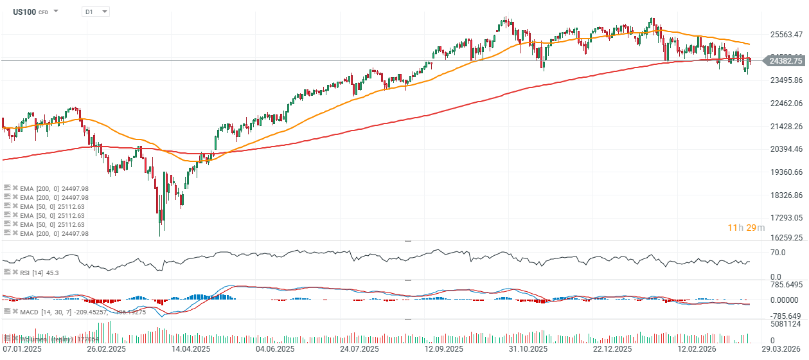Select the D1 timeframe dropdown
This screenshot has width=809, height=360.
coord(95,12)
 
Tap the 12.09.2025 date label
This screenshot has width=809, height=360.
coord(445,349)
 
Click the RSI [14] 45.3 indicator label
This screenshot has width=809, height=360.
coord(39,273)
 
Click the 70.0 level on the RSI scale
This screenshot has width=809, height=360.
coord(778,253)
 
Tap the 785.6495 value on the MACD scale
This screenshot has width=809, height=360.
coord(788,284)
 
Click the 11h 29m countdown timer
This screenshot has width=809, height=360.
coord(746,228)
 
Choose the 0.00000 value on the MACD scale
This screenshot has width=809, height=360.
coord(785,300)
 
